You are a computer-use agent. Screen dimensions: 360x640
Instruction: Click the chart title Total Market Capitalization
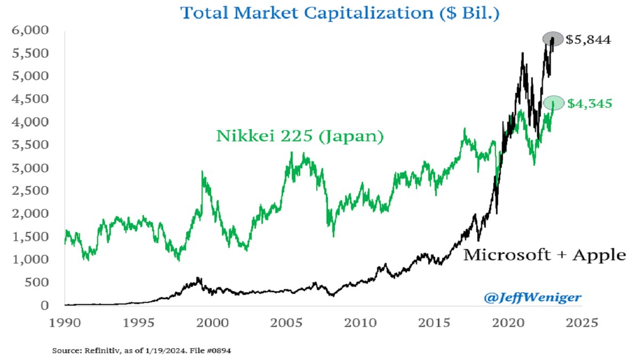(x=340, y=12)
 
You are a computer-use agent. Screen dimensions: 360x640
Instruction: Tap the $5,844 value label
(x=589, y=39)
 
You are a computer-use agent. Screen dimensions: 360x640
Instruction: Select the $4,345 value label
(x=589, y=103)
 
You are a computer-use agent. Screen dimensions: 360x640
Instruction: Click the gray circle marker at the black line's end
(x=553, y=38)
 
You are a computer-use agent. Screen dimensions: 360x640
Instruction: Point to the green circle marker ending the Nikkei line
(x=553, y=103)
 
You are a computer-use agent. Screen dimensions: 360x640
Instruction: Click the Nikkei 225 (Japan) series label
(x=300, y=137)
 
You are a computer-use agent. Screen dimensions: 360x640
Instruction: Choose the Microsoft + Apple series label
(x=544, y=255)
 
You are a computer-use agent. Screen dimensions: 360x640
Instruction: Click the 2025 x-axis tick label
(x=582, y=323)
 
